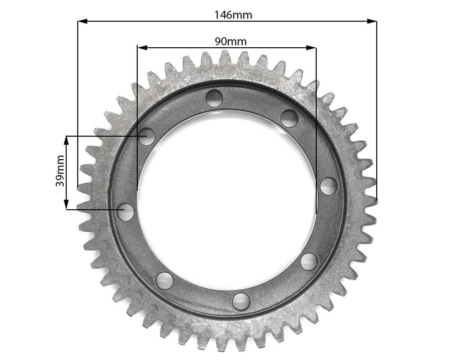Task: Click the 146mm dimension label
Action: pos(233,14)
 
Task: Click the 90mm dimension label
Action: pos(230,41)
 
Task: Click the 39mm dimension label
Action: pos(60,173)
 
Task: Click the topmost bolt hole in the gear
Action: pos(215,98)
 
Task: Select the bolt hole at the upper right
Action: pos(289,118)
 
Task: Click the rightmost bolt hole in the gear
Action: pos(328,186)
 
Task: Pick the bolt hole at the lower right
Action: pos(309,261)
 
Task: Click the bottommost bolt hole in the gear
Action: pos(242,301)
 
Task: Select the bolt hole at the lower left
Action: pos(164,281)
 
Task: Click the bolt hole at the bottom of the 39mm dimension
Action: pos(126,212)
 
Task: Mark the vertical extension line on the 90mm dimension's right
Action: pos(316,135)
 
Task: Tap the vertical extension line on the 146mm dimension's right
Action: pos(377,112)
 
